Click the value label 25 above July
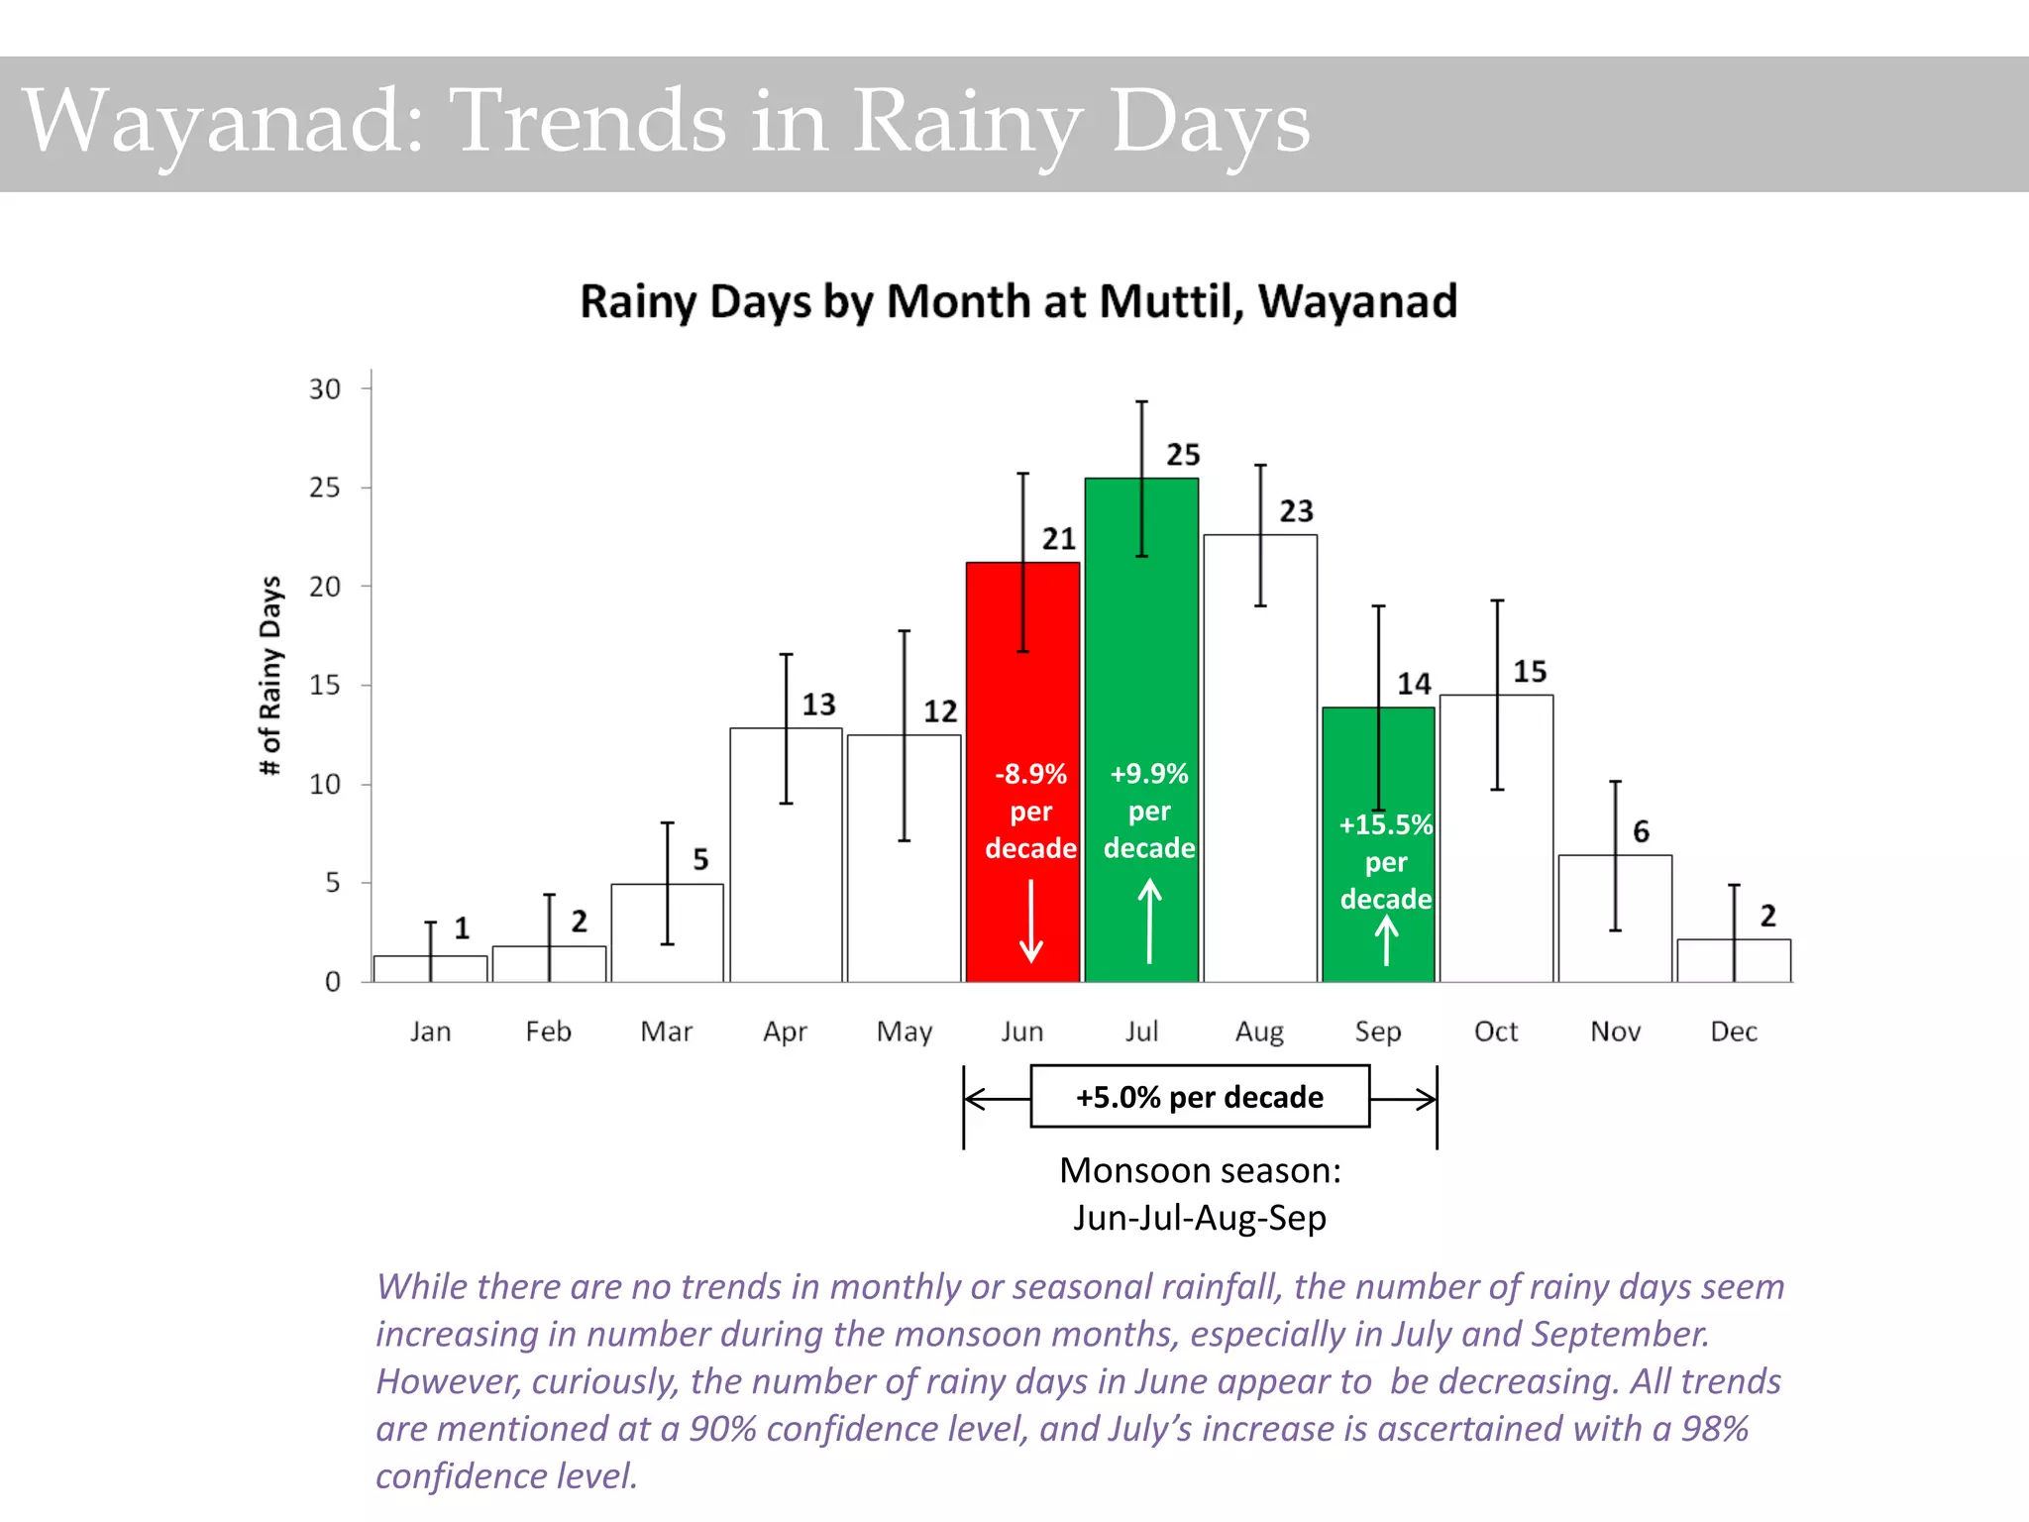[x=1183, y=455]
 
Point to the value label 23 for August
[x=1296, y=511]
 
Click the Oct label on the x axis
[x=1496, y=1032]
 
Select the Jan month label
[x=430, y=1032]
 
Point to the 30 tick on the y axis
[x=325, y=389]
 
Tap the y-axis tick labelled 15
[x=325, y=685]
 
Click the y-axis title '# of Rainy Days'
[x=270, y=676]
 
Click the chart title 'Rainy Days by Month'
[x=1018, y=301]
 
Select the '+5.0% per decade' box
[x=1200, y=1097]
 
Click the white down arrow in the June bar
[x=1031, y=922]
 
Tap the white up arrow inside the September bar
[x=1386, y=941]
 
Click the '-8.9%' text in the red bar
[x=1030, y=774]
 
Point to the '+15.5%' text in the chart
[x=1385, y=824]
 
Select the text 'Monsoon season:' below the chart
[x=1200, y=1170]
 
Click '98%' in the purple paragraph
[x=1715, y=1429]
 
